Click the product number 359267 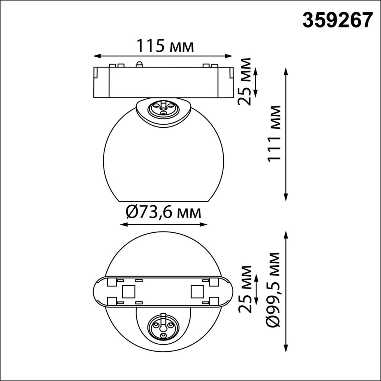tap(337, 20)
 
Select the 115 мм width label tap(165, 46)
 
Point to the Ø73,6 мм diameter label tap(163, 212)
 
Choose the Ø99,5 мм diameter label tap(274, 290)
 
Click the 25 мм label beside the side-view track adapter tap(244, 81)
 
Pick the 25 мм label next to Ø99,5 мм tap(244, 289)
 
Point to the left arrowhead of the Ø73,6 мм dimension tap(121, 224)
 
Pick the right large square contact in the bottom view tap(197, 292)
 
